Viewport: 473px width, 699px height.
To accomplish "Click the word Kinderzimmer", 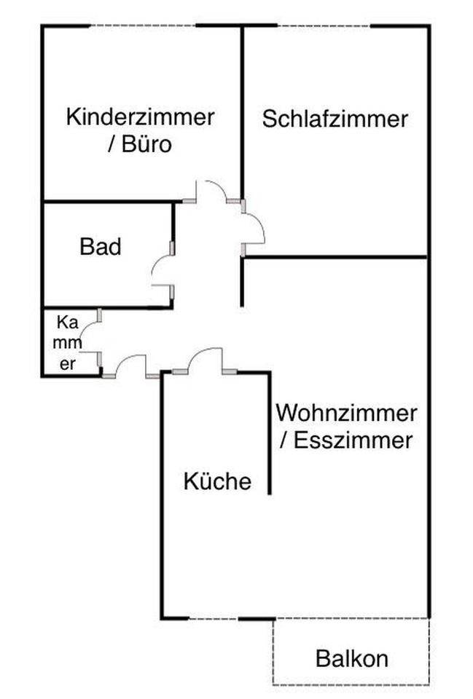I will point(140,116).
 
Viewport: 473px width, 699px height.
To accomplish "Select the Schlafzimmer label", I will point(335,119).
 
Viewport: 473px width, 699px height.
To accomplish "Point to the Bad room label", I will point(101,248).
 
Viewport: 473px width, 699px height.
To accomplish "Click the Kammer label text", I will point(67,343).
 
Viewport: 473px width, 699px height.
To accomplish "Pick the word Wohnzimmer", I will point(346,413).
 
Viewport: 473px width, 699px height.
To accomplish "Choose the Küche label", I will point(217,481).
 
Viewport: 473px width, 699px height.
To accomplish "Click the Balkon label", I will point(351,659).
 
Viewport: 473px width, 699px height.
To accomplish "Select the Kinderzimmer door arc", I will point(211,190).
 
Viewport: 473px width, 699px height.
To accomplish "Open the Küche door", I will point(206,359).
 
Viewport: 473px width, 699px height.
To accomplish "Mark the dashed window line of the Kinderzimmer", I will point(142,26).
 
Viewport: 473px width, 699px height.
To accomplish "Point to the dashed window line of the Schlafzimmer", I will point(324,26).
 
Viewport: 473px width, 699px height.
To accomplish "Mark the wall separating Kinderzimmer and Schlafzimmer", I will point(242,109).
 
